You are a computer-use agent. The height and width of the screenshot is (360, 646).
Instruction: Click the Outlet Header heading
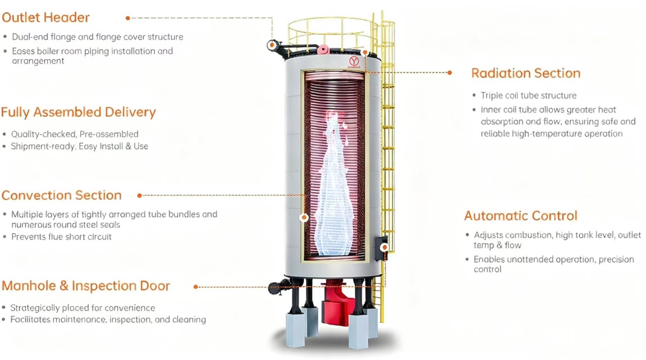point(45,17)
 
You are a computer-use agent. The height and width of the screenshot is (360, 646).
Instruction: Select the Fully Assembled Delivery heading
point(79,112)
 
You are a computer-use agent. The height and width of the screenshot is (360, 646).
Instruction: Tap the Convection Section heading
point(62,195)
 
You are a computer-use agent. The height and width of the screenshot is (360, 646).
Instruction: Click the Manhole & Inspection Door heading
point(86,286)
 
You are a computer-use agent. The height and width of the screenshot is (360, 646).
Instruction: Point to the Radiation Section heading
point(525,73)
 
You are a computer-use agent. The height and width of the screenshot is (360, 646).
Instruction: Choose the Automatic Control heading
point(521,216)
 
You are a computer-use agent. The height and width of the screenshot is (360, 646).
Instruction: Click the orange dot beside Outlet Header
point(128,18)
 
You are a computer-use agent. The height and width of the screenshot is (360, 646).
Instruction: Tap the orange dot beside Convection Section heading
point(139,195)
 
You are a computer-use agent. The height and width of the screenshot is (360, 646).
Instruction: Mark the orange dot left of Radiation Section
point(451,72)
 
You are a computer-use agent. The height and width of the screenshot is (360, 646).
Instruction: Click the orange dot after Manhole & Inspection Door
point(195,287)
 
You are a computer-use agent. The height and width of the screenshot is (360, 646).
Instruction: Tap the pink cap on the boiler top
point(323,50)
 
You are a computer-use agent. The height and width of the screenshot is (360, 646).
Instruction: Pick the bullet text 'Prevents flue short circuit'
point(61,237)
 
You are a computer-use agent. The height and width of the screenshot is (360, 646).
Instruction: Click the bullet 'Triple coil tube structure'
point(528,95)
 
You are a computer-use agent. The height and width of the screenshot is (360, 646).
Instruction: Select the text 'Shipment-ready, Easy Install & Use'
point(80,146)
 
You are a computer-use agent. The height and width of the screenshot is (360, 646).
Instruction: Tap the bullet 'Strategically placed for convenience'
point(83,308)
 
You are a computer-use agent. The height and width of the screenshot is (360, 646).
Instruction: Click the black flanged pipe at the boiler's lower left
point(277,288)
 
